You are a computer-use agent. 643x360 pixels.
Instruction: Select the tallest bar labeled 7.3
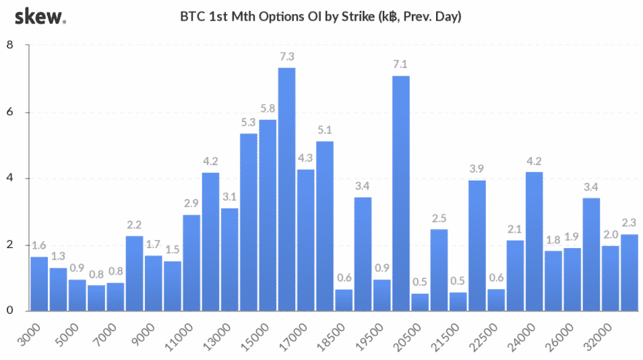286,189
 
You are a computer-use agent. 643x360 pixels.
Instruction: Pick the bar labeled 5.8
268,215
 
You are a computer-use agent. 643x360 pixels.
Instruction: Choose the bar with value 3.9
477,245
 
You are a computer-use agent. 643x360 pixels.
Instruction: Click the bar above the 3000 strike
39,284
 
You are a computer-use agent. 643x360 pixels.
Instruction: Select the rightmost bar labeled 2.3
630,272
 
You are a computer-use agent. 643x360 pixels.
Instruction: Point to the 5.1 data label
325,130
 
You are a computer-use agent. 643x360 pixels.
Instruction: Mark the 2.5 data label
439,218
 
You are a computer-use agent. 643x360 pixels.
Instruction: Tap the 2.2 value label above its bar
134,225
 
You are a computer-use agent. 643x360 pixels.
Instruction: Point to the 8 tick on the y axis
10,45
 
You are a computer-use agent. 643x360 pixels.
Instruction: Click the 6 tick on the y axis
10,112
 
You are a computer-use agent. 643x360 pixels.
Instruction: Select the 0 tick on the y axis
10,311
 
